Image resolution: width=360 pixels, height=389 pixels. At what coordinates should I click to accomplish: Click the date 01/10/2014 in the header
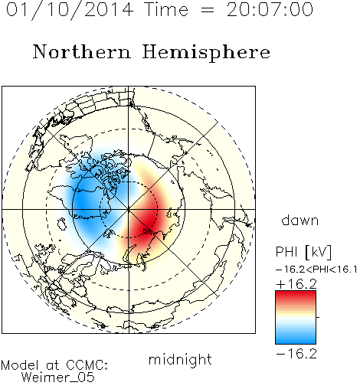pos(70,10)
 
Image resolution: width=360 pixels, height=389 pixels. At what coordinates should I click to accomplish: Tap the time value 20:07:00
pos(270,10)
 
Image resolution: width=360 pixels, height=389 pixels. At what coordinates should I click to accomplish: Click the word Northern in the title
pos(82,52)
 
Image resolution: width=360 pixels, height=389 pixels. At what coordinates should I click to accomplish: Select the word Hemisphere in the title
pos(206,53)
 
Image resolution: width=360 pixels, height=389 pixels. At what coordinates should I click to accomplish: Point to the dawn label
pos(300,221)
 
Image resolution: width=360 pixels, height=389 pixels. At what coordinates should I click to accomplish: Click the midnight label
pos(180,360)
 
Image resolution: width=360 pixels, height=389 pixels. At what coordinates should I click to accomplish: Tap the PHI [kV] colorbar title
pos(303,252)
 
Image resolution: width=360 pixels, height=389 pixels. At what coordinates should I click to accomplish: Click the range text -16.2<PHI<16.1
pos(316,270)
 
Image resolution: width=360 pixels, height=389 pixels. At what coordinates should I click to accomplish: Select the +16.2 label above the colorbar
pos(296,284)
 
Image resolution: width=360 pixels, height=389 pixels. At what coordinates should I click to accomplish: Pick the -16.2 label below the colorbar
pos(296,354)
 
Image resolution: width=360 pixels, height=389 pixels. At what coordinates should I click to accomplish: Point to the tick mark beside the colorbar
pos(318,317)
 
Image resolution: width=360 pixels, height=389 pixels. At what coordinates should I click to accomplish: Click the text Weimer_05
pos(58,378)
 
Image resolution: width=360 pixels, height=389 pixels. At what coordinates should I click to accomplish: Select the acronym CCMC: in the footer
pos(87,365)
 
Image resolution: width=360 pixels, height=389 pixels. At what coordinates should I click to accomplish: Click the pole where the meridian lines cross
pos(129,209)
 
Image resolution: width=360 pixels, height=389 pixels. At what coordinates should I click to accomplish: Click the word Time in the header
pos(166,10)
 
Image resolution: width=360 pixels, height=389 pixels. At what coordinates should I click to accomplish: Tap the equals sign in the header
pos(208,10)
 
